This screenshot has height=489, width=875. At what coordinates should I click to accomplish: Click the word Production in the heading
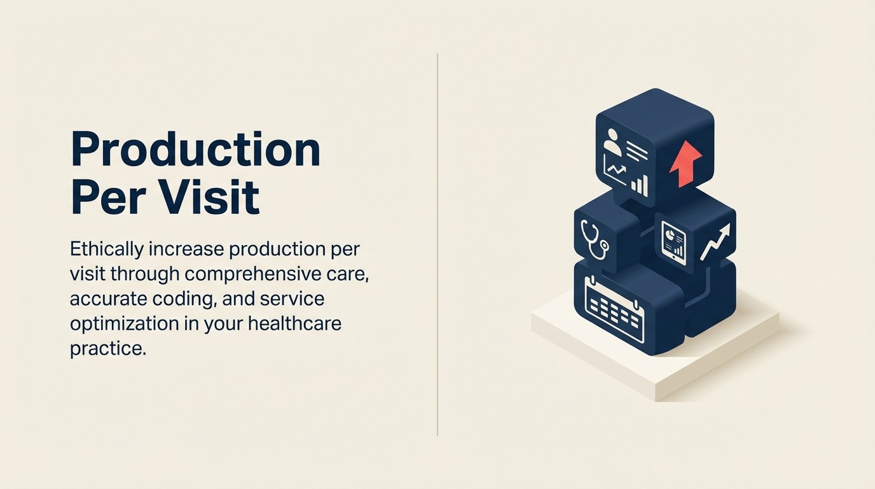click(x=195, y=150)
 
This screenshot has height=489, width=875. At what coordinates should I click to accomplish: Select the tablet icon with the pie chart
click(x=673, y=243)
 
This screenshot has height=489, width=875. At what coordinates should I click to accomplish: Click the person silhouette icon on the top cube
click(x=612, y=141)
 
